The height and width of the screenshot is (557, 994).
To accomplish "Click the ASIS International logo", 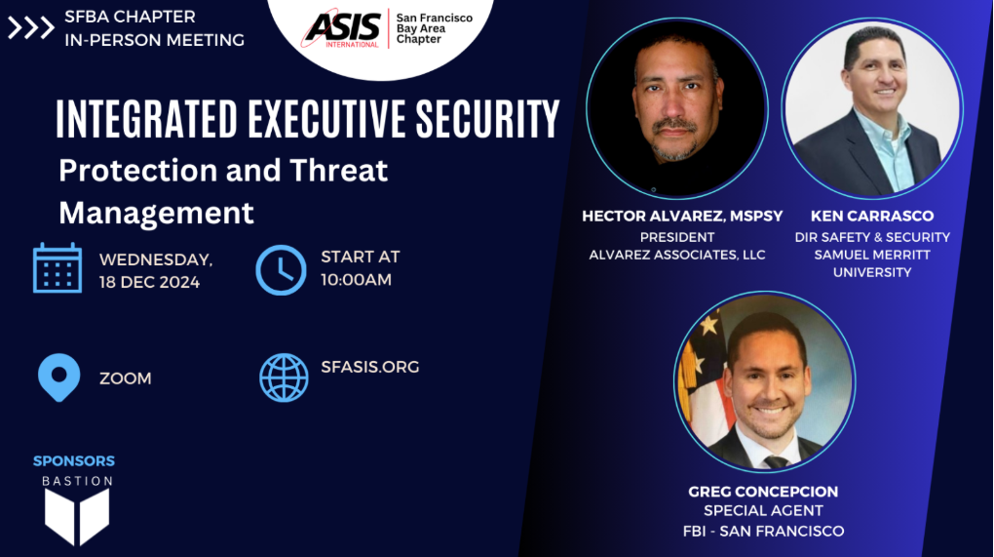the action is (342, 28).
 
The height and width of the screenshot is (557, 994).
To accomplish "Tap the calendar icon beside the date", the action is (57, 267).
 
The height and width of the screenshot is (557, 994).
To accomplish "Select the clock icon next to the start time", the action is (281, 269).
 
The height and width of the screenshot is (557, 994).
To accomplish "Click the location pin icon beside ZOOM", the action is (58, 378).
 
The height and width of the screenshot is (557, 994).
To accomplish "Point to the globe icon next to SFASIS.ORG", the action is (284, 378).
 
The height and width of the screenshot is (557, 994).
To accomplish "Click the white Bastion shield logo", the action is (77, 516).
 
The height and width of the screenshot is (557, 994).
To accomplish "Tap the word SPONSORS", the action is (74, 461).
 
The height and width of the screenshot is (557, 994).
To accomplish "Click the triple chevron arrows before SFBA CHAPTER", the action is (30, 28).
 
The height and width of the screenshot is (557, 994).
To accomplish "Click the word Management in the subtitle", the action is (157, 213).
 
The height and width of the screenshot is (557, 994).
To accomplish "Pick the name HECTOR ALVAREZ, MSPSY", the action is (683, 217).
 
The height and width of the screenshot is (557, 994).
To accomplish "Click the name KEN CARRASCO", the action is (872, 217).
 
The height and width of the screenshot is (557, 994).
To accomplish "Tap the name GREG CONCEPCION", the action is (763, 492).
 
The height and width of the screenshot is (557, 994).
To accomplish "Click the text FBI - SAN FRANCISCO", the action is (763, 531).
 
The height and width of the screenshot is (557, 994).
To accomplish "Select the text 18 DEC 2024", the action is (150, 282).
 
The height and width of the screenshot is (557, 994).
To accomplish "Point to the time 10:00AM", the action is (357, 280).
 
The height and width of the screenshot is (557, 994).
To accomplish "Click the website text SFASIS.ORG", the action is (370, 367).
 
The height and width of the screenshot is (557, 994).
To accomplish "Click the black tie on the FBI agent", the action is (777, 461).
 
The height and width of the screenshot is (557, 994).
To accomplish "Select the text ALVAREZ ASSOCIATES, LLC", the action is (677, 255).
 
